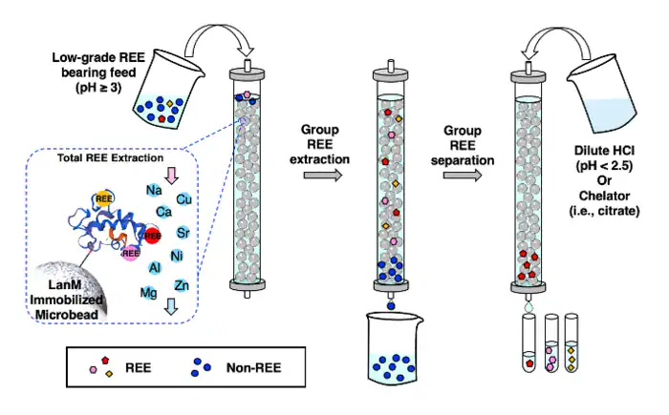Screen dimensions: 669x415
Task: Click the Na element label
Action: (x=154, y=190)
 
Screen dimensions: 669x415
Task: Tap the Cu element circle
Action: (x=183, y=199)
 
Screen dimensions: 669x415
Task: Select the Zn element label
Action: (x=182, y=285)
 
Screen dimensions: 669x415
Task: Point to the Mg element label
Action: (x=148, y=293)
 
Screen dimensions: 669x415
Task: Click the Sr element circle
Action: (x=183, y=233)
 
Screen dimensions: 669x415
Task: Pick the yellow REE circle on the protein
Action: (x=103, y=199)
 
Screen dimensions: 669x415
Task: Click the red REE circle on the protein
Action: (x=152, y=236)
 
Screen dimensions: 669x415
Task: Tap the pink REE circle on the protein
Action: (x=131, y=254)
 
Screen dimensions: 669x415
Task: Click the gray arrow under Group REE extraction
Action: (x=323, y=175)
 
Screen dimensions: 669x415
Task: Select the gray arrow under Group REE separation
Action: (x=463, y=175)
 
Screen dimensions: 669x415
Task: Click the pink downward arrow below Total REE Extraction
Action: (x=171, y=176)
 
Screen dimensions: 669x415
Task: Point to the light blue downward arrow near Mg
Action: (x=171, y=306)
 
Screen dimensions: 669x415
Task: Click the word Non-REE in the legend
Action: (x=253, y=367)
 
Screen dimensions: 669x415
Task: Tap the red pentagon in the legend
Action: (x=105, y=361)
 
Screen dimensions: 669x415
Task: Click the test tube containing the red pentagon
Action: (x=529, y=343)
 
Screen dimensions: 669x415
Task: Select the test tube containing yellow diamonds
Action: (x=572, y=343)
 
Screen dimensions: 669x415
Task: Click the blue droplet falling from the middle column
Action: (x=391, y=305)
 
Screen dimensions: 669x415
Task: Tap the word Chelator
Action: (x=604, y=196)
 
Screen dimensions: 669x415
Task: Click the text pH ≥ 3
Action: (x=98, y=88)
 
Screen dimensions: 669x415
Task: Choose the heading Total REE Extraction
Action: (x=111, y=158)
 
